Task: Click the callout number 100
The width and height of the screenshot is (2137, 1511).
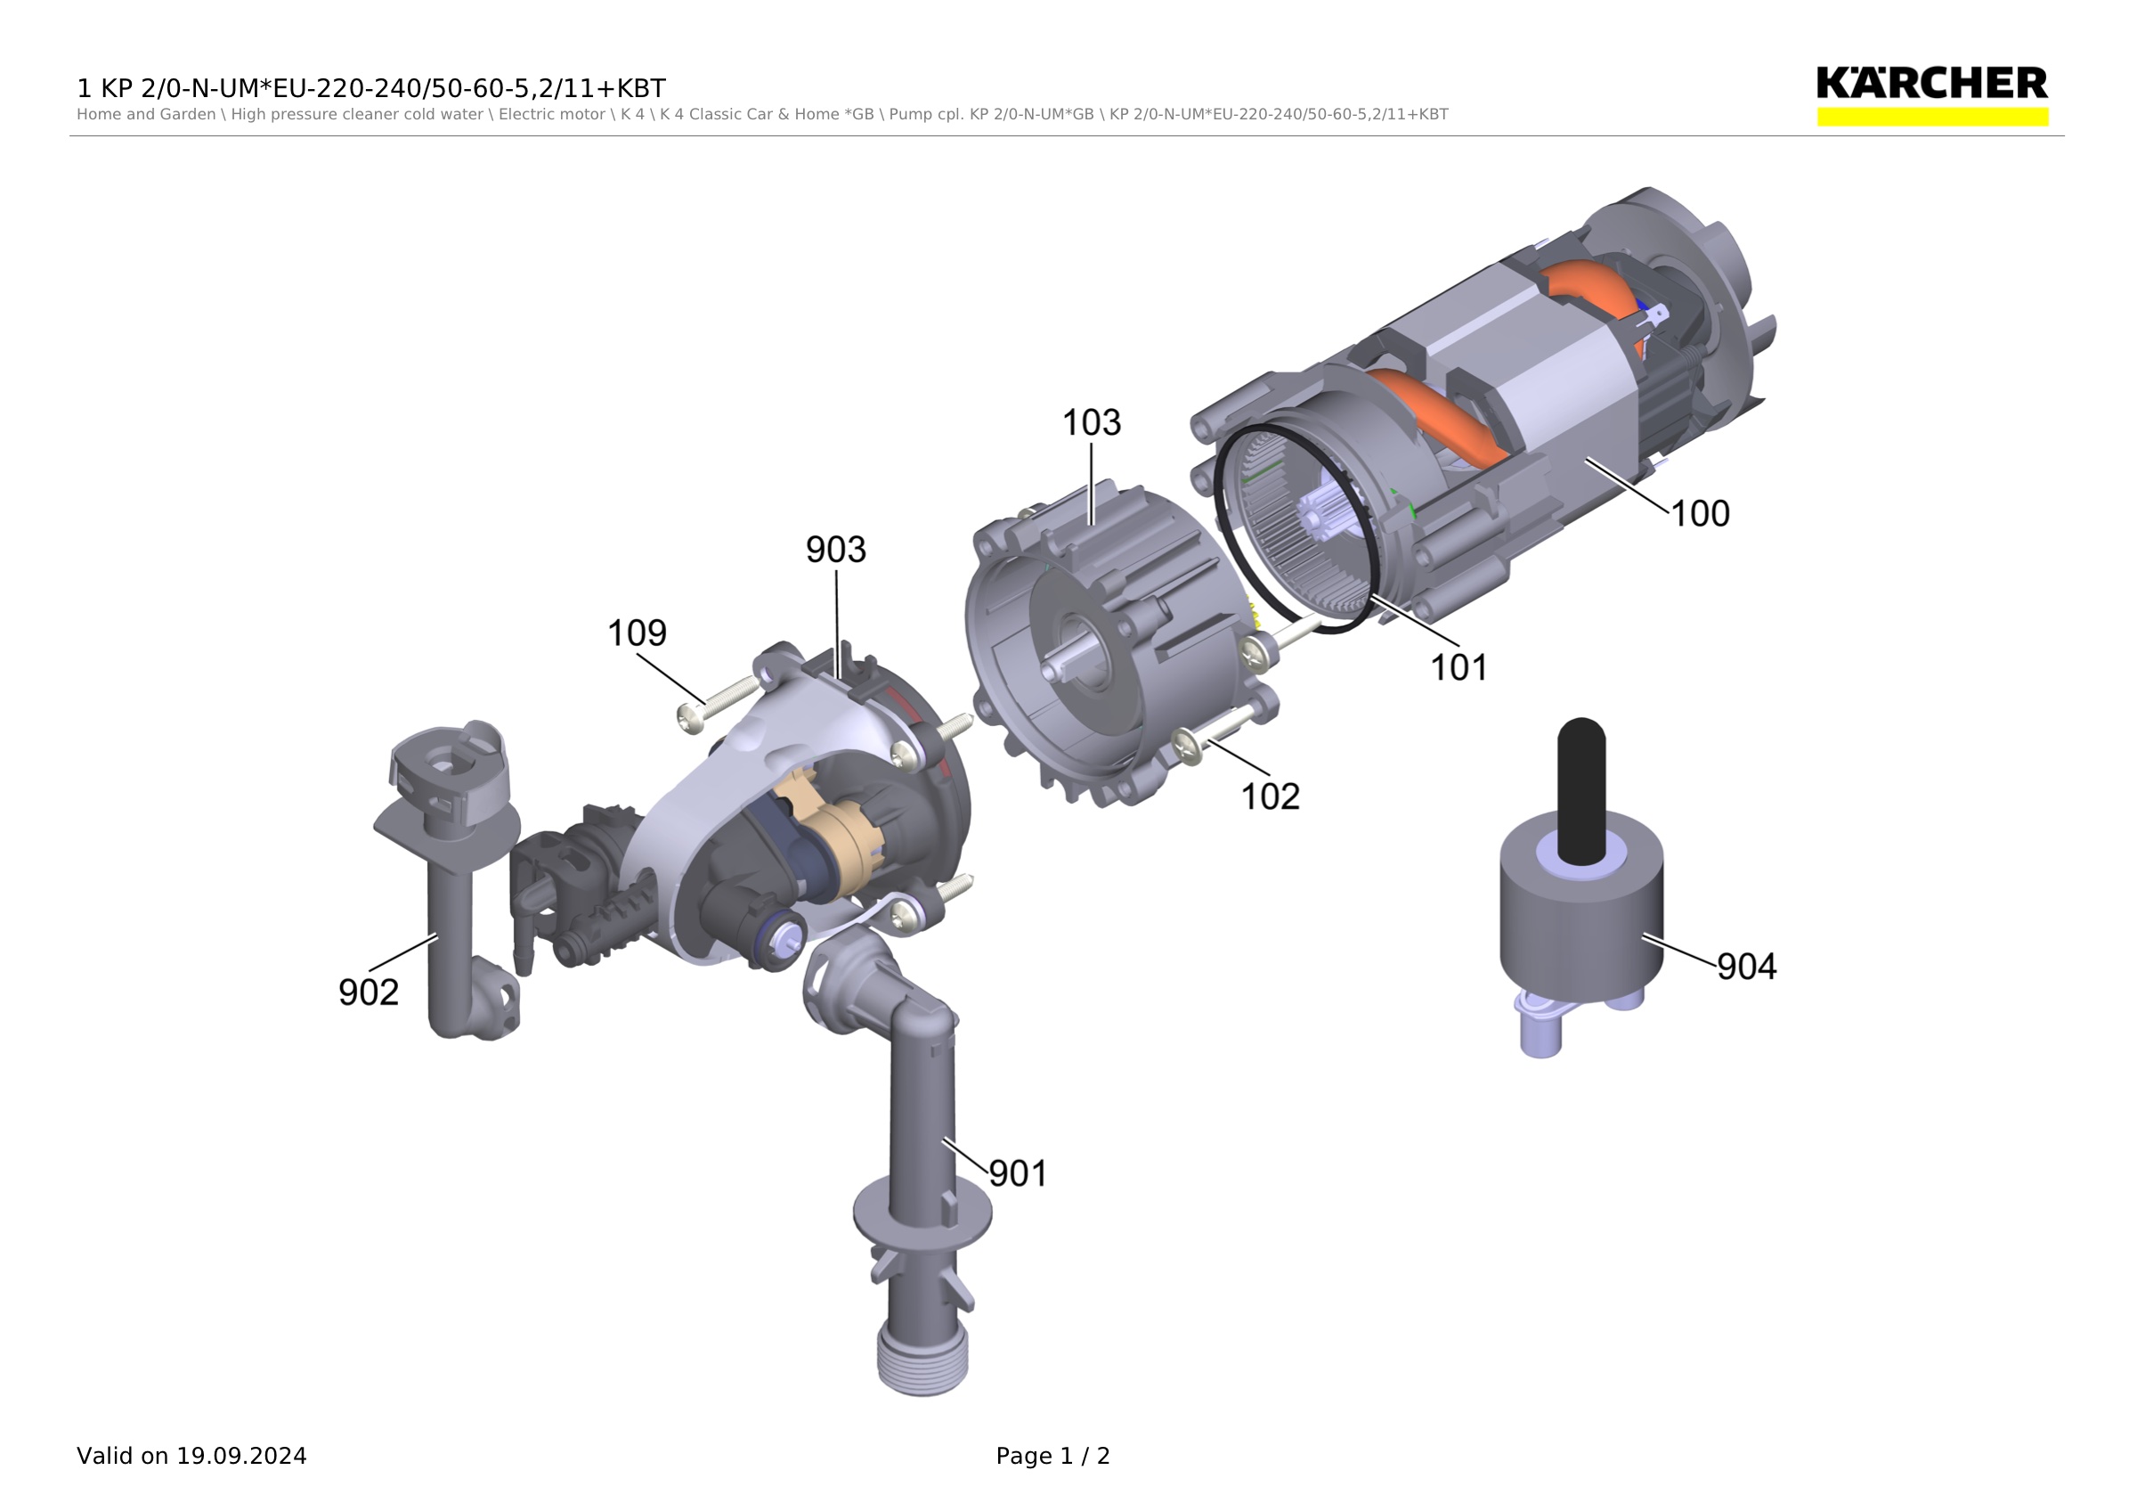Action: click(x=1700, y=513)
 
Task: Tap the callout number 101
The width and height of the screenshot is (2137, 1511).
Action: click(x=1459, y=666)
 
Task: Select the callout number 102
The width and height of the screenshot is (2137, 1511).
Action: click(x=1271, y=796)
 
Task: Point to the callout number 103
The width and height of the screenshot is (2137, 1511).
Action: click(x=1092, y=422)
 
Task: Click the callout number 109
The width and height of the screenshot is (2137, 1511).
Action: click(x=638, y=633)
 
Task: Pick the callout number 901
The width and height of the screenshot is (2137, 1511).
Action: click(x=1019, y=1173)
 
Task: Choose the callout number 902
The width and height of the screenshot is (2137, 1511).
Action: click(x=369, y=992)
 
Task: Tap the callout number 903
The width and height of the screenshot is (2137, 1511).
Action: click(x=836, y=550)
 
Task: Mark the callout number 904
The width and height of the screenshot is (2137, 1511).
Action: click(x=1747, y=967)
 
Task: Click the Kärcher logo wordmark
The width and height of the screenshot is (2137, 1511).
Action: click(x=1932, y=83)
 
